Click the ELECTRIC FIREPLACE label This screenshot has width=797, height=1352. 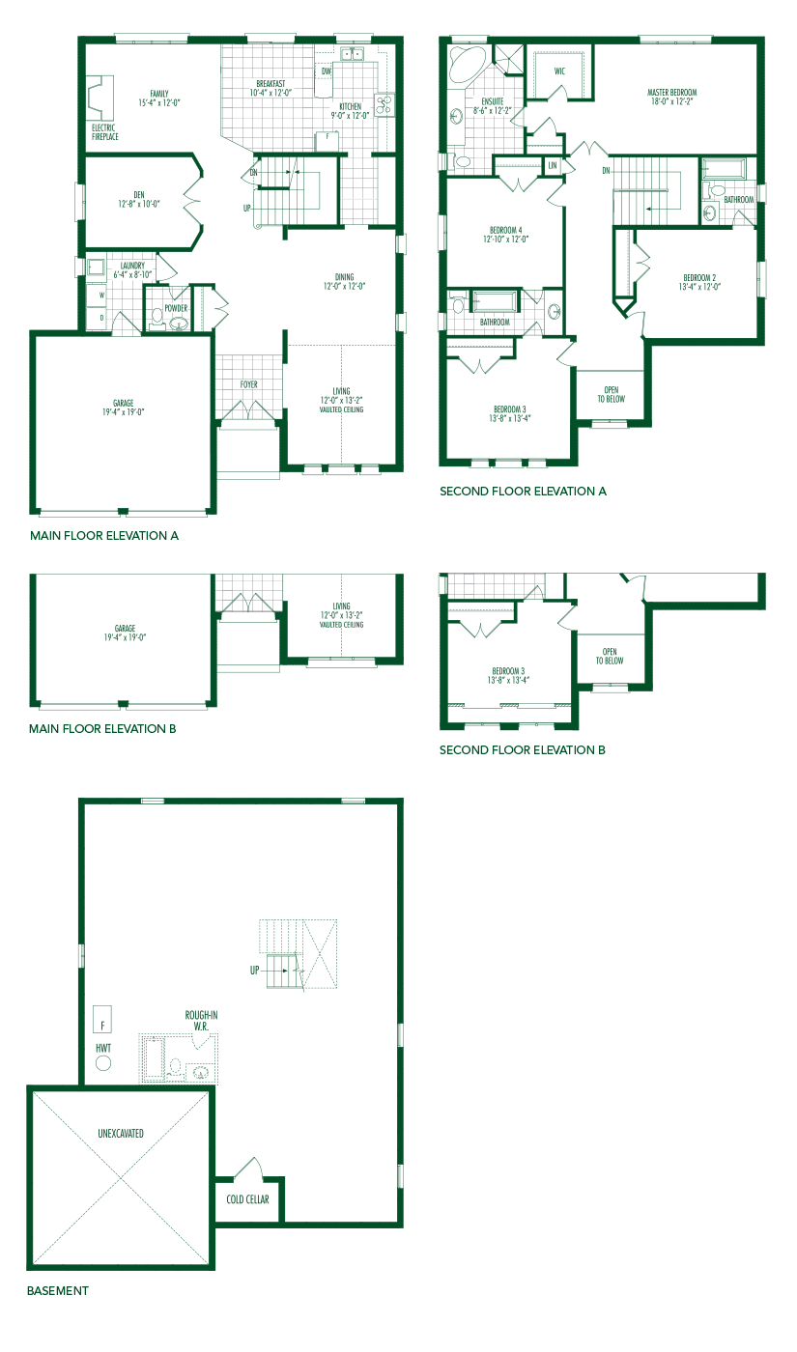(x=105, y=132)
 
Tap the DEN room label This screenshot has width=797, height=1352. (x=132, y=199)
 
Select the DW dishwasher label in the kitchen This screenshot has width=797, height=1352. (x=327, y=71)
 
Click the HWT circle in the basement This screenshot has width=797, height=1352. (x=103, y=1063)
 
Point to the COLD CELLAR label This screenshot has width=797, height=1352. (x=249, y=1200)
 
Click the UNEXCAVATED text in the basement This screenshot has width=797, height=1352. (x=121, y=1133)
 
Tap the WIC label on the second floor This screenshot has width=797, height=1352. (x=560, y=71)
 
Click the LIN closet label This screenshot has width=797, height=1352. (x=553, y=166)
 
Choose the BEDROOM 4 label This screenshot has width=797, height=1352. (x=506, y=235)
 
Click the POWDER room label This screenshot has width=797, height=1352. (x=176, y=308)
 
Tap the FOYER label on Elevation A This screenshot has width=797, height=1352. (x=249, y=384)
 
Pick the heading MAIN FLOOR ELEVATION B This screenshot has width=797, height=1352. (x=102, y=729)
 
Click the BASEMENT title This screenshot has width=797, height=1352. (x=57, y=1290)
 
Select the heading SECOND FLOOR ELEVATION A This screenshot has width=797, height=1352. (x=523, y=491)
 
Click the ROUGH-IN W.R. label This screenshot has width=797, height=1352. (x=202, y=1020)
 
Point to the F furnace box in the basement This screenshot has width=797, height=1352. (x=101, y=1020)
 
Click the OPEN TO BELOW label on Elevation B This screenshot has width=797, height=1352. (x=610, y=656)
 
